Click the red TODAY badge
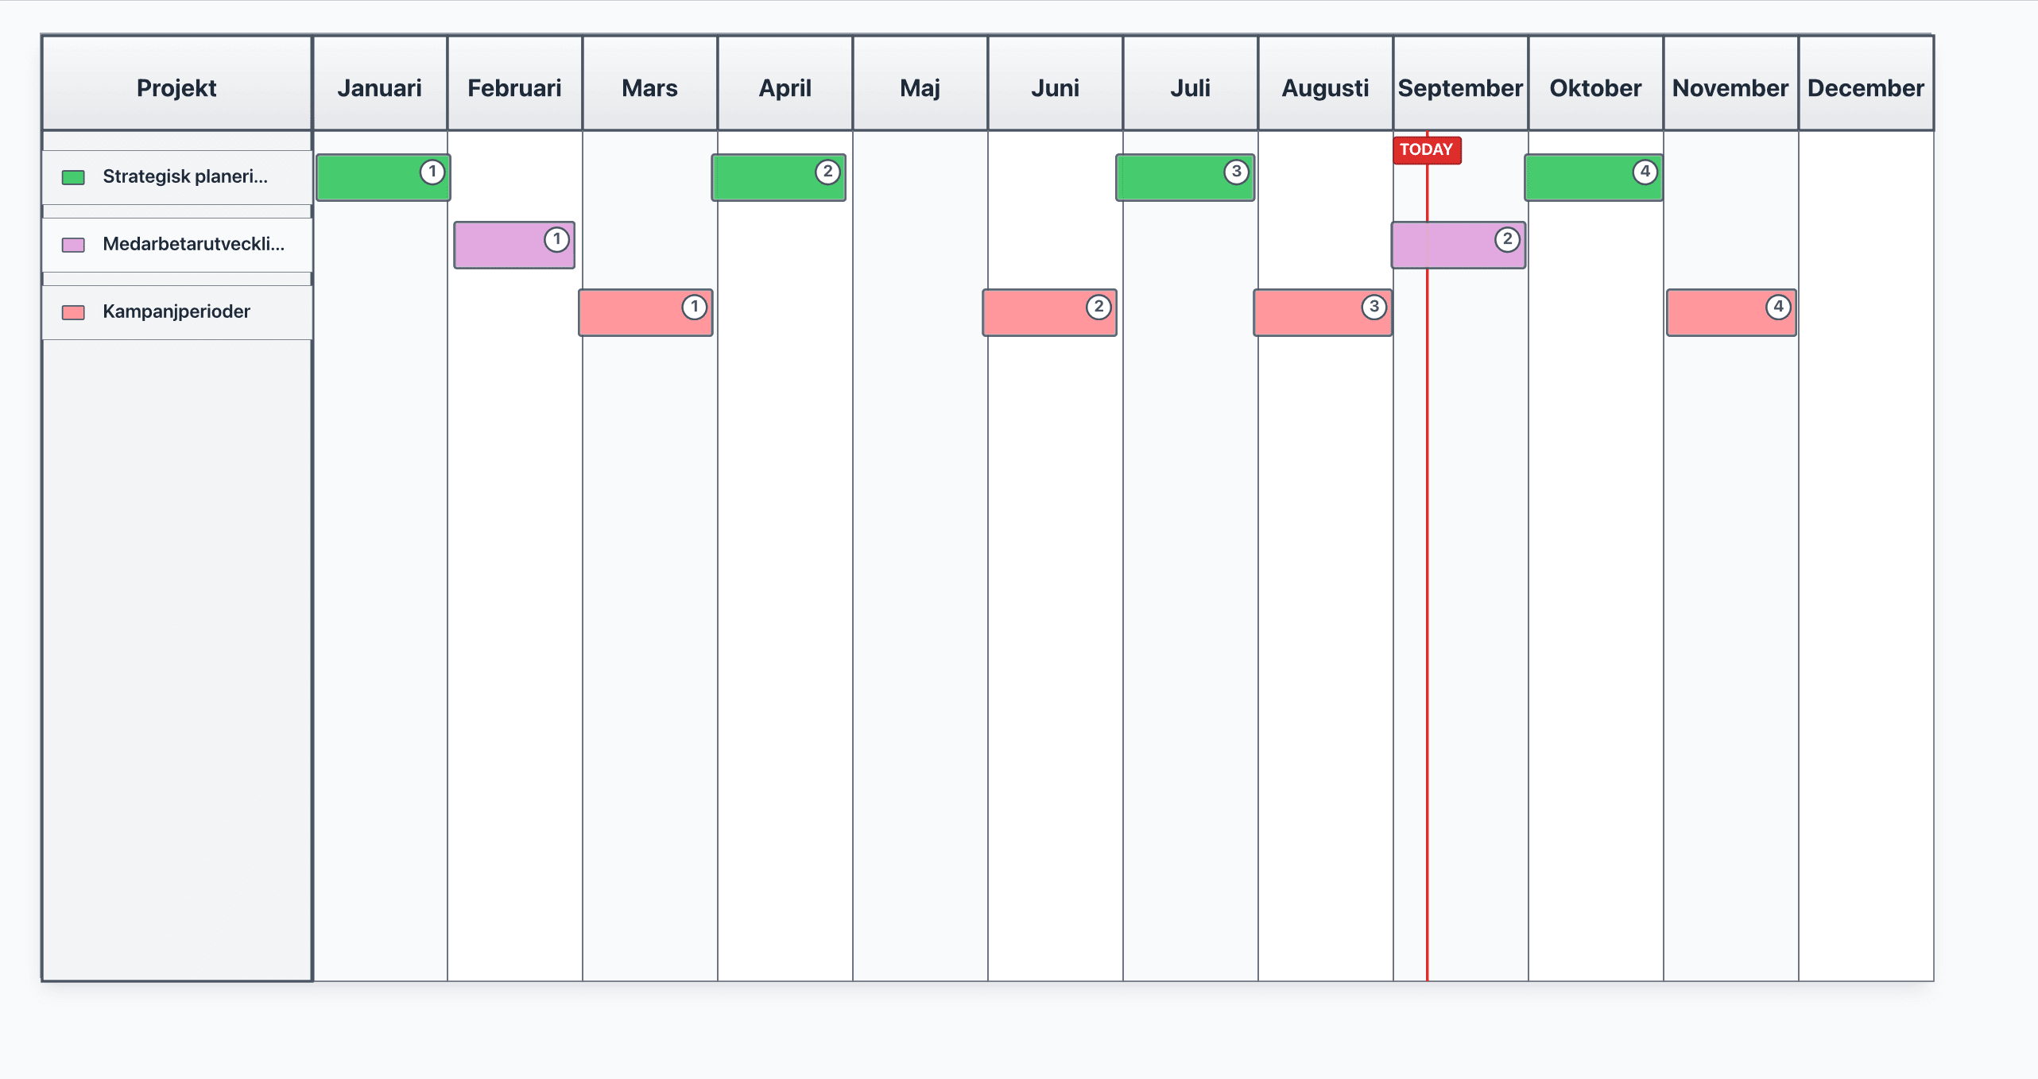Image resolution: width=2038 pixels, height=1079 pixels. pyautogui.click(x=1426, y=149)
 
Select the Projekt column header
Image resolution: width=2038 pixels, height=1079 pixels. pyautogui.click(x=176, y=87)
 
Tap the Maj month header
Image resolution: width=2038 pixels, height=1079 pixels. pyautogui.click(x=920, y=87)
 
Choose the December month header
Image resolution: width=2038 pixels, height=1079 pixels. pyautogui.click(x=1866, y=87)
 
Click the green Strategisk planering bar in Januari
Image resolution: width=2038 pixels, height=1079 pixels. pyautogui.click(x=374, y=178)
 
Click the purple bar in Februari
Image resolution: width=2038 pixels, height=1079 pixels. pyautogui.click(x=506, y=246)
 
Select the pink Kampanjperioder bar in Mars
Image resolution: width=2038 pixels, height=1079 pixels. pyautogui.click(x=636, y=313)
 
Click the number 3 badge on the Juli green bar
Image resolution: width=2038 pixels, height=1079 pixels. pyautogui.click(x=1236, y=172)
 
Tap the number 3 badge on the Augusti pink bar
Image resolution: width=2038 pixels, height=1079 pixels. pyautogui.click(x=1374, y=307)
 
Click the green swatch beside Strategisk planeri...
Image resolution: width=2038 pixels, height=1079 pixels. pyautogui.click(x=73, y=177)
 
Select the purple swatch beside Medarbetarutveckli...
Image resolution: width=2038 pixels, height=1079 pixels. pyautogui.click(x=73, y=245)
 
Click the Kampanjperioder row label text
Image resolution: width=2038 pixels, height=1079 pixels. pyautogui.click(x=176, y=311)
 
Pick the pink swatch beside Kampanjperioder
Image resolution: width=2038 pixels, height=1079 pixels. pyautogui.click(x=73, y=312)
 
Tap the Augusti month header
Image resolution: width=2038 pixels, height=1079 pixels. pyautogui.click(x=1325, y=87)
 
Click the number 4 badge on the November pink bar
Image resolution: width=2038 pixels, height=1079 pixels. pyautogui.click(x=1778, y=307)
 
